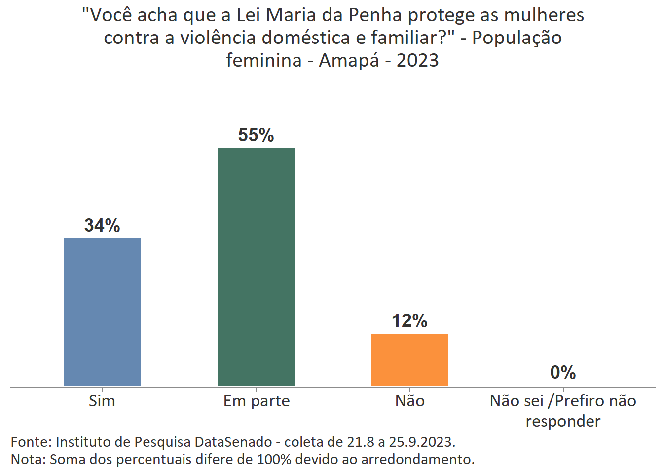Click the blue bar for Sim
103,312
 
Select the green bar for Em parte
256,266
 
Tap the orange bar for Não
409,359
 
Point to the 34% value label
102,226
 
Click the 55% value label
256,135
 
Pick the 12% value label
409,321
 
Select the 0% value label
563,373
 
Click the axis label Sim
102,401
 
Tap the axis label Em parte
257,401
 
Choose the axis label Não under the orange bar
409,401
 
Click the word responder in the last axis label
563,421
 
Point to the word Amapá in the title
349,60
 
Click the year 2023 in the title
417,60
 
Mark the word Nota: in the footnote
28,459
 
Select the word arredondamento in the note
417,459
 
